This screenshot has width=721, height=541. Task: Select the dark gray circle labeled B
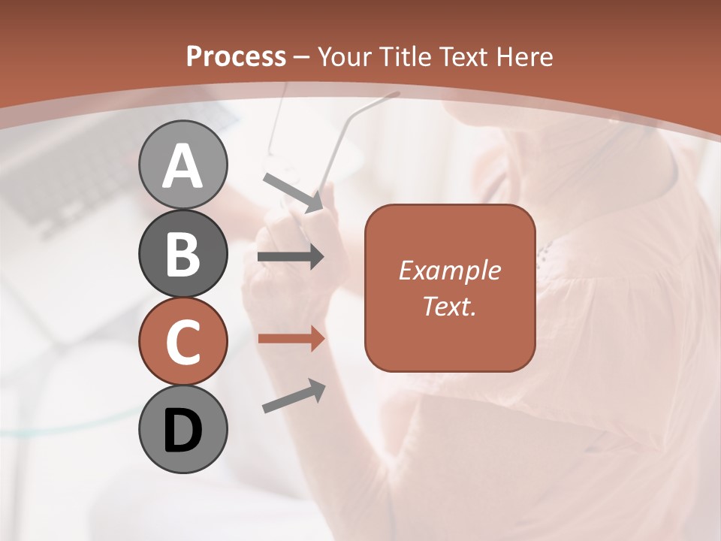(x=183, y=253)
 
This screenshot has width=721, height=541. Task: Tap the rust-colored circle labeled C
(x=183, y=342)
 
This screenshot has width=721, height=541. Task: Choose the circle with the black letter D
(x=183, y=430)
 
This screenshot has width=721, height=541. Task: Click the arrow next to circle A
(x=294, y=192)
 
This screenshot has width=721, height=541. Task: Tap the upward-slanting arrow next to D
(x=294, y=396)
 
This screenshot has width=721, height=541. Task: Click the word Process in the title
(x=236, y=56)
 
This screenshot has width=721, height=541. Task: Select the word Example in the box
(x=449, y=270)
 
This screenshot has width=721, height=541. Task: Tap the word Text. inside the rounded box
(x=449, y=306)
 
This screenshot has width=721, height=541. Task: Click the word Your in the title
(x=345, y=56)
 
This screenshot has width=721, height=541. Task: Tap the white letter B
(x=183, y=253)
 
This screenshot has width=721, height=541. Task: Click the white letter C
(x=183, y=342)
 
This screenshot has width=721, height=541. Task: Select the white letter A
(x=183, y=165)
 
